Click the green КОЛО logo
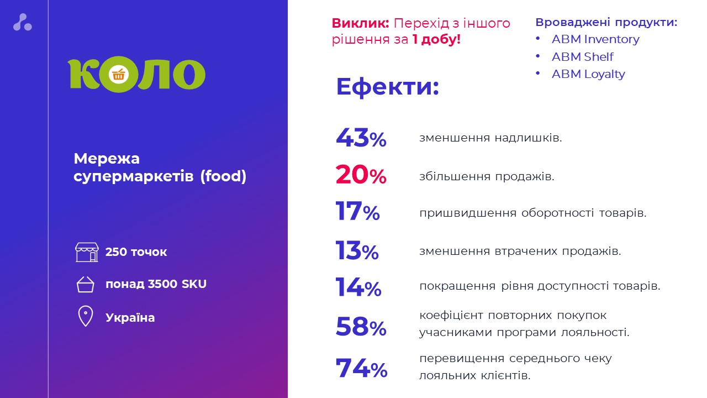click(x=136, y=75)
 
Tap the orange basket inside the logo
click(x=118, y=75)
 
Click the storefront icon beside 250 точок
click(x=87, y=252)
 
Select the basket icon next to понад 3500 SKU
click(x=86, y=284)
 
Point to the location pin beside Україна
click(x=86, y=317)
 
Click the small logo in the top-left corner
click(x=23, y=22)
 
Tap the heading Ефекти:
click(x=387, y=87)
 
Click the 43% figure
click(x=361, y=138)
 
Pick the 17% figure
click(x=357, y=212)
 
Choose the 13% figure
click(x=357, y=251)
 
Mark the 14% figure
click(x=358, y=287)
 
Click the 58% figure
click(x=361, y=327)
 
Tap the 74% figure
click(x=361, y=369)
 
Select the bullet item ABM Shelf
click(x=582, y=57)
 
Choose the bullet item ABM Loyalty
click(x=588, y=74)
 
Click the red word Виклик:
click(x=361, y=24)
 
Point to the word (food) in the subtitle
click(x=223, y=176)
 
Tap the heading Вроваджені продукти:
click(x=606, y=23)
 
